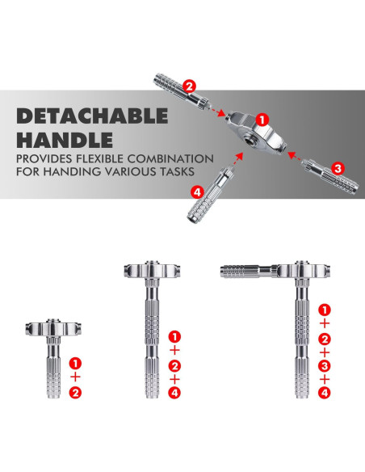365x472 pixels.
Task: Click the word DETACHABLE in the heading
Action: coord(92,116)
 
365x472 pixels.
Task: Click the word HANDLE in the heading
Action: coord(65,140)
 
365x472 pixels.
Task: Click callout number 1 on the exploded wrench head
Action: coord(262,120)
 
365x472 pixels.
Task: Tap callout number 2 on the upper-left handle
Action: coord(190,86)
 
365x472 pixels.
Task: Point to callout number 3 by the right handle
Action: coord(338,168)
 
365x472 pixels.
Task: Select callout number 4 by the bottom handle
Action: coord(198,192)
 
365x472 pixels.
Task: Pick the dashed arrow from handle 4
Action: coord(237,159)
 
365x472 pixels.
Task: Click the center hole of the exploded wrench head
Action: coord(250,141)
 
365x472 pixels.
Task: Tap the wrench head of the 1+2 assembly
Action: coord(53,328)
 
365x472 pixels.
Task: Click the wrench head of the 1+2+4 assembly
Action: coord(153,270)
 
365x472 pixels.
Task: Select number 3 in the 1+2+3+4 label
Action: coord(325,366)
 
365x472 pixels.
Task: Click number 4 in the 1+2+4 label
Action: coord(174,393)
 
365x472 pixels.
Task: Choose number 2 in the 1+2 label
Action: coord(75,393)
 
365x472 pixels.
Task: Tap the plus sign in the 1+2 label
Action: coord(75,377)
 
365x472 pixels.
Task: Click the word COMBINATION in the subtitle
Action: coord(170,158)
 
